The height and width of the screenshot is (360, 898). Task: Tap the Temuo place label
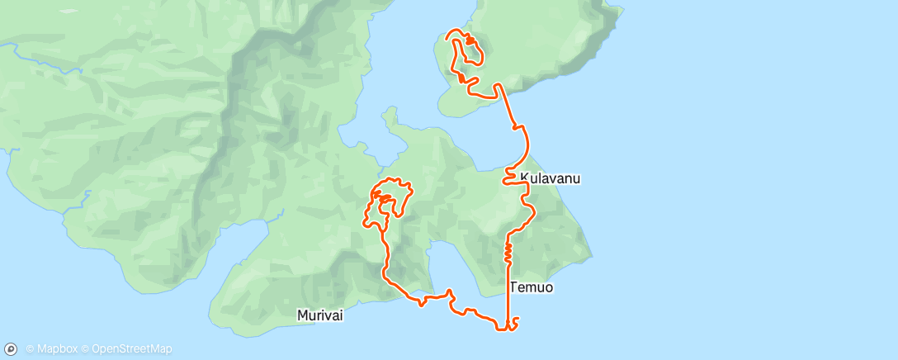pyautogui.click(x=532, y=287)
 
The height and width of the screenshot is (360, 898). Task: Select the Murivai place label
pyautogui.click(x=319, y=315)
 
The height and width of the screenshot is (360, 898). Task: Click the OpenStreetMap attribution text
pyautogui.click(x=132, y=349)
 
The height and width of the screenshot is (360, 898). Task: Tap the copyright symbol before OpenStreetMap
pyautogui.click(x=86, y=349)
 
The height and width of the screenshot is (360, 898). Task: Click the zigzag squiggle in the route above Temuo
pyautogui.click(x=508, y=252)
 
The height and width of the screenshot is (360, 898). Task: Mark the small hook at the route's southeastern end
pyautogui.click(x=516, y=320)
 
